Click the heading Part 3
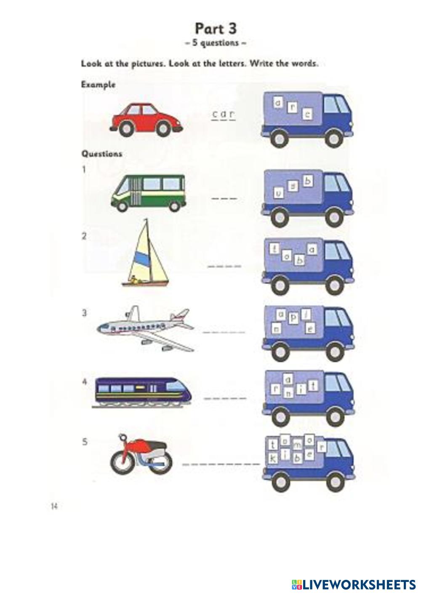(215, 29)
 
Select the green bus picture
(148, 193)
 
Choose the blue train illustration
(142, 391)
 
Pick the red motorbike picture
(141, 454)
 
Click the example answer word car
(223, 114)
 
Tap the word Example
(98, 84)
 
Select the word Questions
(101, 154)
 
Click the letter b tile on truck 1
(309, 181)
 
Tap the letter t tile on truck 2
(275, 249)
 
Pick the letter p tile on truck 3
(293, 320)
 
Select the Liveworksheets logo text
(353, 584)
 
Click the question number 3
(84, 313)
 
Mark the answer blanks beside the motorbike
(221, 464)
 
